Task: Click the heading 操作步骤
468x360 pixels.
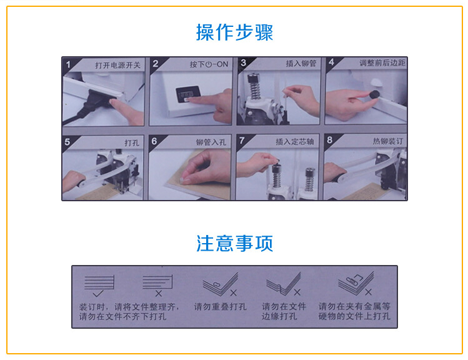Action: (234, 32)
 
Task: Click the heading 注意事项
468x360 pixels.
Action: (234, 243)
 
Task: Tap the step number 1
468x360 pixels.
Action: (68, 64)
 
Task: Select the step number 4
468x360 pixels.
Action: (331, 62)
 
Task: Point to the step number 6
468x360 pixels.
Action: (154, 141)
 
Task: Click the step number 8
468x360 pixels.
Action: (329, 140)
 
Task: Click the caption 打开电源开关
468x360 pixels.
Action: (117, 65)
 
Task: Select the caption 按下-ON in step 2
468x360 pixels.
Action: (209, 64)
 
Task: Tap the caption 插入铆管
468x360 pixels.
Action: (301, 63)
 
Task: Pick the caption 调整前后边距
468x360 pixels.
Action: (382, 62)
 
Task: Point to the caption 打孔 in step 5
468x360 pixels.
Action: (132, 143)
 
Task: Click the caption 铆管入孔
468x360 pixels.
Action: (211, 142)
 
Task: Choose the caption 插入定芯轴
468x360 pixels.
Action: (294, 141)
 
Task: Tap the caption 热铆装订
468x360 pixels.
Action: (388, 141)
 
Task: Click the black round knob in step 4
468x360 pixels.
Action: (374, 94)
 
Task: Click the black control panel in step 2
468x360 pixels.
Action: (187, 94)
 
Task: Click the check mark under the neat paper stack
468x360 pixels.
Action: (98, 293)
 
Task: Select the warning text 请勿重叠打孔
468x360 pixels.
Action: (221, 307)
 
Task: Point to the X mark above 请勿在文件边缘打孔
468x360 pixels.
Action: (297, 292)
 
